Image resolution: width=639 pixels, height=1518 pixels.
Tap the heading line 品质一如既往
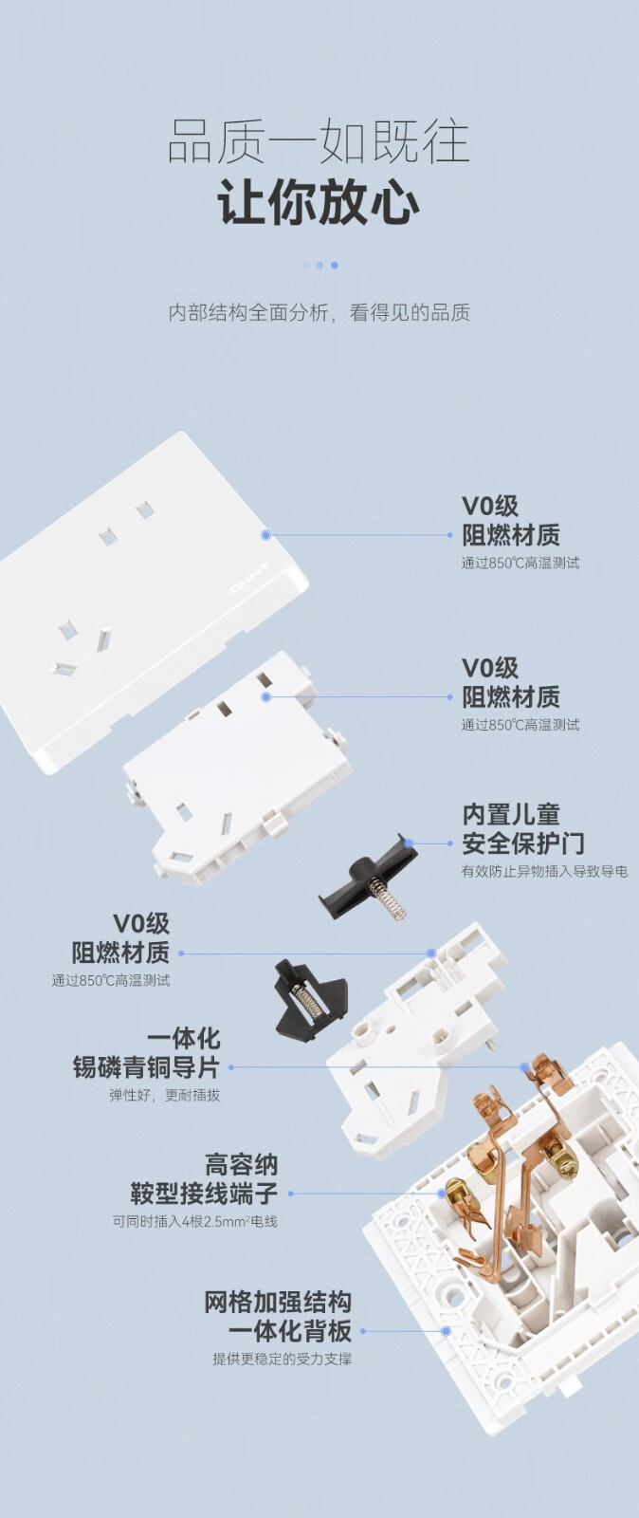pos(319,141)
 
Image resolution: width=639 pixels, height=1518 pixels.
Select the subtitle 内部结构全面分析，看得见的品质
pos(319,312)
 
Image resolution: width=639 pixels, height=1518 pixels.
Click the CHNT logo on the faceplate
pos(249,578)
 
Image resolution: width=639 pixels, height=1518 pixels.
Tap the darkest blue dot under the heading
pos(335,265)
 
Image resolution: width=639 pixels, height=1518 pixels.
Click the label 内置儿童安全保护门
pos(523,829)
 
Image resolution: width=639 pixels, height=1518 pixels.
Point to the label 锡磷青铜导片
pos(146,1067)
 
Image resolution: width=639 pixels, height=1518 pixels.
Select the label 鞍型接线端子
pos(205,1194)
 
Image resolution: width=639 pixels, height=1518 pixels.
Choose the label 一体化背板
pos(290,1331)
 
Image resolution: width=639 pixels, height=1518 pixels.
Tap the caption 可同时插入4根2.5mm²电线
pos(195,1222)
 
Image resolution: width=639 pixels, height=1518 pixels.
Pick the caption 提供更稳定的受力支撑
pos(283,1359)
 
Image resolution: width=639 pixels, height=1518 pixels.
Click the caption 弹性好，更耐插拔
pos(165,1095)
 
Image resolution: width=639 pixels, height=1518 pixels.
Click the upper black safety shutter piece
pos(369,877)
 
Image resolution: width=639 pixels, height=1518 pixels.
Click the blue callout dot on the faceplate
pos(266,535)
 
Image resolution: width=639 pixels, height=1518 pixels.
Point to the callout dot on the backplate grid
pos(446,1331)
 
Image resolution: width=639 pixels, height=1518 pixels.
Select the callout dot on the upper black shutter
pos(409,843)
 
